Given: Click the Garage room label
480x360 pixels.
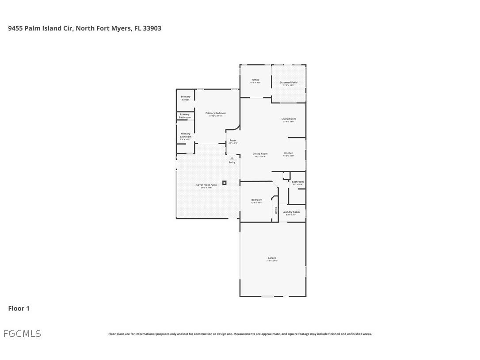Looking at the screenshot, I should click(x=272, y=258).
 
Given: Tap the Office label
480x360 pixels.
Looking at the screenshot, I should click(x=256, y=80).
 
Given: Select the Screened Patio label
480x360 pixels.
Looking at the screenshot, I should click(x=289, y=83).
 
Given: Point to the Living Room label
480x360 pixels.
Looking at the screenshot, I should click(x=289, y=119).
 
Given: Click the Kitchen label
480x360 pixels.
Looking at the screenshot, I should click(x=289, y=153).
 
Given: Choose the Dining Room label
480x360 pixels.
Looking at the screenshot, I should click(x=260, y=154).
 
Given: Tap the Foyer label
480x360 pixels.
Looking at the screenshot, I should click(x=233, y=141).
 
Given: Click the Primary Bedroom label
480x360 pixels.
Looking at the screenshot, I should click(x=216, y=113).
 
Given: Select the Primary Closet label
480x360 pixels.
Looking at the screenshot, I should click(x=186, y=98).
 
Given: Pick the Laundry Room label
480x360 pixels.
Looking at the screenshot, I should click(x=291, y=212).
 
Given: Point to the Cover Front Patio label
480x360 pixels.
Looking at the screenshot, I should click(x=206, y=185).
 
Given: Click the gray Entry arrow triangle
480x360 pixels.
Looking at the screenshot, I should click(x=232, y=158).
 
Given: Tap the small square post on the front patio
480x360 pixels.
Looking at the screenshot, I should click(x=225, y=183).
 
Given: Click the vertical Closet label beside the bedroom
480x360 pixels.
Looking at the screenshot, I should click(x=276, y=211).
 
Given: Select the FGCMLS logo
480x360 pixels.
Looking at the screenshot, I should click(x=22, y=334).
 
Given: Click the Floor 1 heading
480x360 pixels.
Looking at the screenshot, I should click(x=19, y=309).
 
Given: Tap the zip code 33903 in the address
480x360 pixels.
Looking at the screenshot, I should click(x=151, y=28).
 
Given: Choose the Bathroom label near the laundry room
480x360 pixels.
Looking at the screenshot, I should click(x=297, y=182).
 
